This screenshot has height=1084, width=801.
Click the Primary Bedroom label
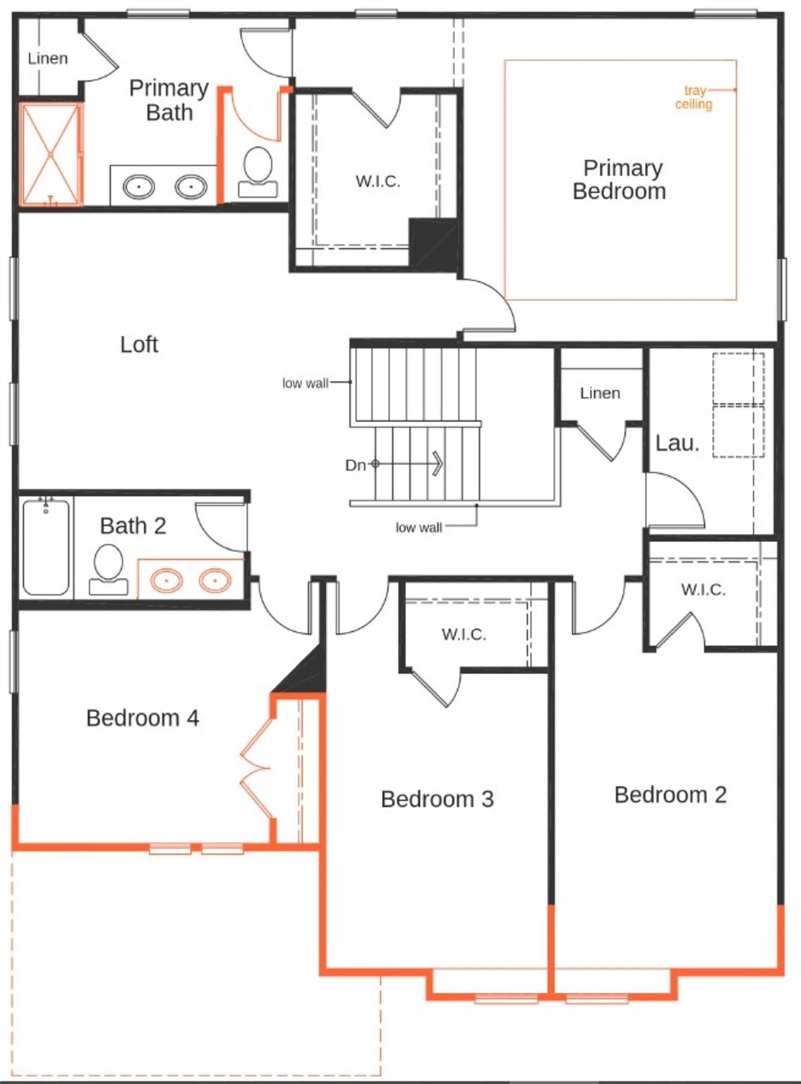click(x=620, y=179)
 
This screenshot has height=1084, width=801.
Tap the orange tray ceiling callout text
click(x=693, y=97)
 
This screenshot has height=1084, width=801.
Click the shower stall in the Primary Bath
click(x=50, y=154)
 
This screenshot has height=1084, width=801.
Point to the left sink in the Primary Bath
click(x=138, y=187)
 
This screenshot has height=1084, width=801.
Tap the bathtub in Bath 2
click(x=46, y=547)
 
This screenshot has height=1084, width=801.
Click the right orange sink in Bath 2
click(x=215, y=581)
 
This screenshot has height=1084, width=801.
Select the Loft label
click(x=139, y=344)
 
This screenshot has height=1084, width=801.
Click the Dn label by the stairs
click(x=355, y=465)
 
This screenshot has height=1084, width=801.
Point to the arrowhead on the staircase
click(x=437, y=464)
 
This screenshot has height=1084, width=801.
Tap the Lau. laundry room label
click(x=677, y=443)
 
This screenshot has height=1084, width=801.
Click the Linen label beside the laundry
click(x=600, y=393)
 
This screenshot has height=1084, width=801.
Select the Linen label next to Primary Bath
click(x=48, y=59)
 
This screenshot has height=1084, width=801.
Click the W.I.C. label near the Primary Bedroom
click(x=378, y=181)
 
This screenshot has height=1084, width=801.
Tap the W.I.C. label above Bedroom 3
click(x=464, y=634)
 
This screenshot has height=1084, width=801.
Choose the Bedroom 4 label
click(x=143, y=718)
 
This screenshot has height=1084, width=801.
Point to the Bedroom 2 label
click(x=670, y=795)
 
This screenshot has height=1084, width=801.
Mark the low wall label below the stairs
click(x=418, y=527)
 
